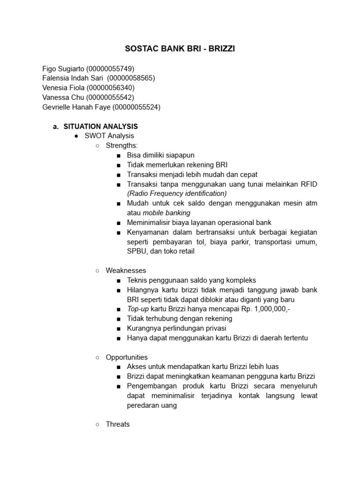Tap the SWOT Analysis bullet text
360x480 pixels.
pos(109,136)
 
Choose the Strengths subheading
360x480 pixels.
pos(122,146)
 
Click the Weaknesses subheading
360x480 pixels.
pos(126,270)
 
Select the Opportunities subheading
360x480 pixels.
pos(127,357)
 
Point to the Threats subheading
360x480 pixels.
pos(118,424)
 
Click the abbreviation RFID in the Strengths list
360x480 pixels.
pos(308,184)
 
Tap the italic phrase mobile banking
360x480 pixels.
pos(163,213)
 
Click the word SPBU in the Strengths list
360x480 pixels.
pos(136,251)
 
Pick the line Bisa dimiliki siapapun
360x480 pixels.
pos(160,155)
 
